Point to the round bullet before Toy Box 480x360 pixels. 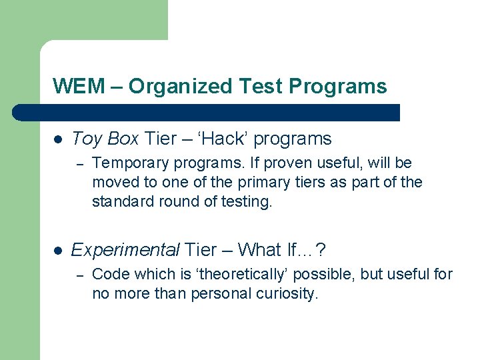[58, 139]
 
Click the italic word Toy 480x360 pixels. [85, 139]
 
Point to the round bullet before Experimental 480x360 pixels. [58, 251]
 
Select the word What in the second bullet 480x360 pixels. [260, 250]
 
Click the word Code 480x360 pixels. [109, 274]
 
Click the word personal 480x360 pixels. [216, 293]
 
